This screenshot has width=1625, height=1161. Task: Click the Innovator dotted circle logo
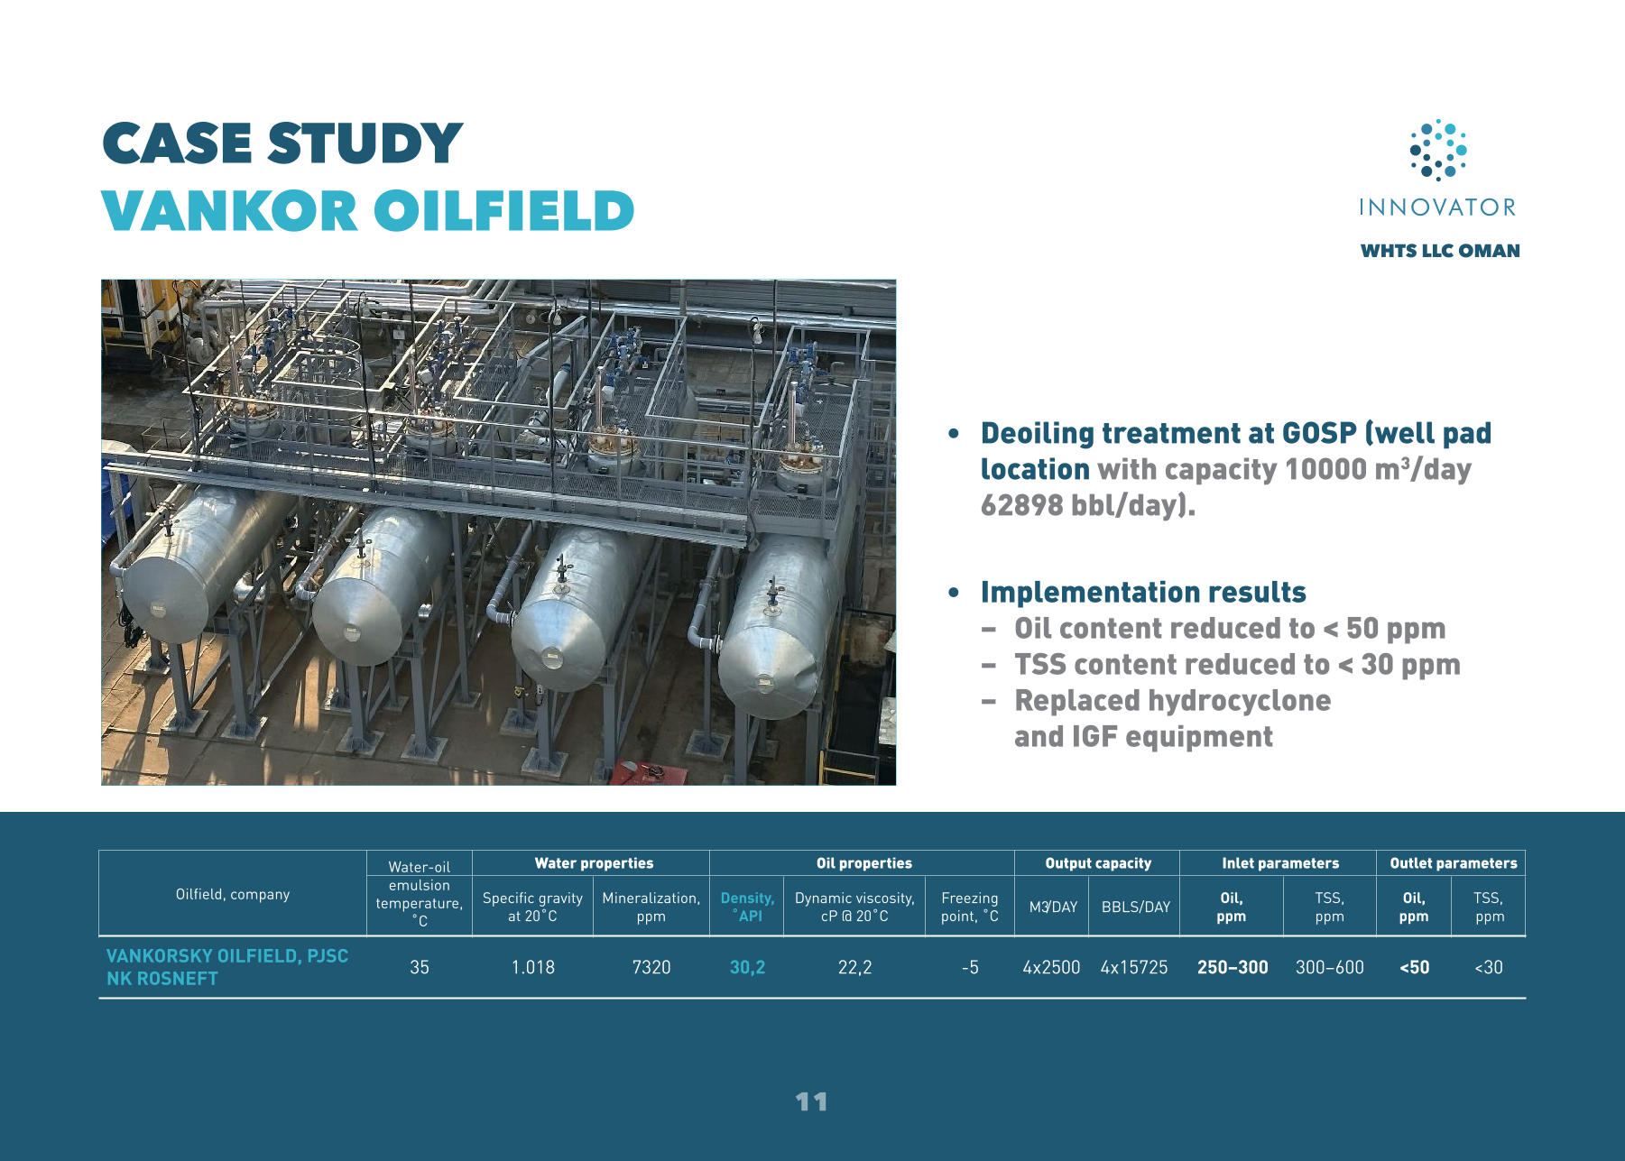click(x=1438, y=150)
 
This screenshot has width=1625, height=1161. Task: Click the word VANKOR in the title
click(x=230, y=211)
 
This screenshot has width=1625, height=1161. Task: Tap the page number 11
click(x=811, y=1101)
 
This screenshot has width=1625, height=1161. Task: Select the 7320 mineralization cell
click(x=651, y=967)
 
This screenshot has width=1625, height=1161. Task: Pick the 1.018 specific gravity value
click(x=533, y=967)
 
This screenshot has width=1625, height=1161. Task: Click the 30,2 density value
click(x=747, y=967)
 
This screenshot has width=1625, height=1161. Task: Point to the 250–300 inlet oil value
click(x=1233, y=967)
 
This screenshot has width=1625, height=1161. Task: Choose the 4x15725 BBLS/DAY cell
click(x=1134, y=967)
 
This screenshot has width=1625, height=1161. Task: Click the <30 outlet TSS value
click(x=1489, y=967)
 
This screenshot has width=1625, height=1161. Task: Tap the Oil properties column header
click(x=864, y=863)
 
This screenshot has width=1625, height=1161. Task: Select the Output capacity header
click(x=1098, y=863)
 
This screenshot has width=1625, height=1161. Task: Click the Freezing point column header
click(x=970, y=907)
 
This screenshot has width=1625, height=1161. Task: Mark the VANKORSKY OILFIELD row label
click(x=227, y=967)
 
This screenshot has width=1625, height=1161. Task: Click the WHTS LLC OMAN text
click(x=1440, y=251)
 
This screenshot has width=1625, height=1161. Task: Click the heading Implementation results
click(x=1143, y=592)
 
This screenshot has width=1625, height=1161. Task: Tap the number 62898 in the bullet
click(x=1022, y=505)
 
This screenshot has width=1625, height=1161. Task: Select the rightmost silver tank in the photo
click(x=780, y=622)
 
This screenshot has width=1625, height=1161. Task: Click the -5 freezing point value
click(x=970, y=967)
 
